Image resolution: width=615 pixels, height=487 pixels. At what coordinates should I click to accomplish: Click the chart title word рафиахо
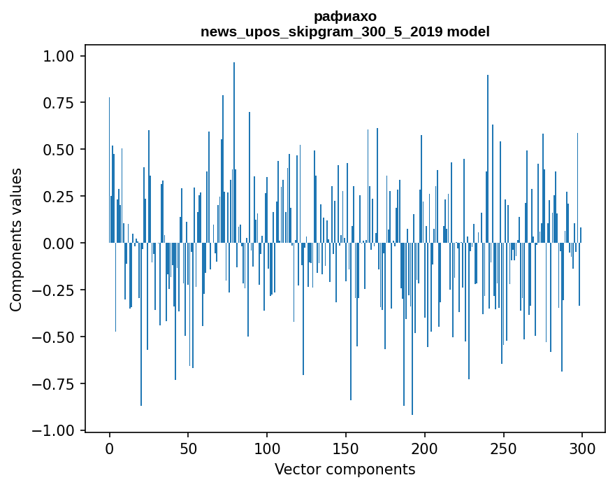(345, 16)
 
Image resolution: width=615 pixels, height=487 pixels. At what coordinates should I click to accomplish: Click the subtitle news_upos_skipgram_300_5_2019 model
(345, 31)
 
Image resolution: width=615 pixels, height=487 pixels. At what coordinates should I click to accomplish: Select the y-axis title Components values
(16, 239)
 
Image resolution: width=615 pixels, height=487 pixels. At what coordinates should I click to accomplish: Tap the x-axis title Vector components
(345, 470)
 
